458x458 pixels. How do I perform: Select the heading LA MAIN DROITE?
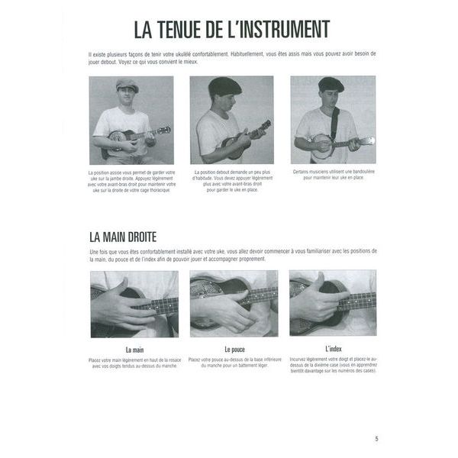pos(123,237)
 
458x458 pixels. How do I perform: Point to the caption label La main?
pos(134,350)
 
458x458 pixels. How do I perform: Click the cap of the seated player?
pos(127,85)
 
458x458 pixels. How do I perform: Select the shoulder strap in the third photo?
pos(334,122)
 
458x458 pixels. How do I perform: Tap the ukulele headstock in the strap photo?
pos(367,141)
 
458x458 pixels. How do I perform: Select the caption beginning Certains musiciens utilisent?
pos(333,175)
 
